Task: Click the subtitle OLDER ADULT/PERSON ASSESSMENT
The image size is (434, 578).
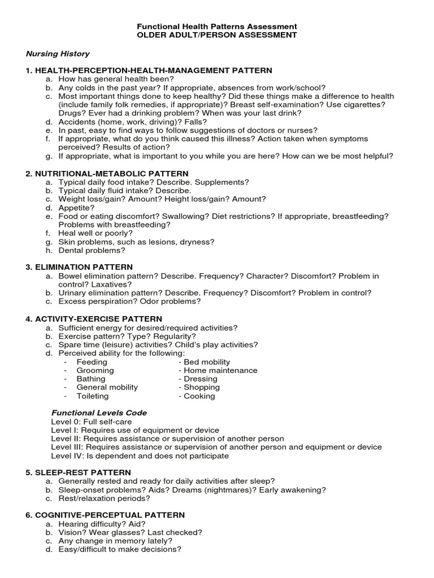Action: (x=218, y=35)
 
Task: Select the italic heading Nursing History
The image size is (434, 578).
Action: (x=58, y=54)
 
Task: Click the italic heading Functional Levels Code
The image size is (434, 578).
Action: (x=99, y=413)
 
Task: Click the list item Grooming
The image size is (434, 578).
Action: (x=95, y=370)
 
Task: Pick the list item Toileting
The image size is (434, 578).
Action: (x=93, y=396)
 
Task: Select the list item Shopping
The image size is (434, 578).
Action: (x=202, y=387)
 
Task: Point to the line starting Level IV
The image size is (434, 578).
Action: (x=140, y=456)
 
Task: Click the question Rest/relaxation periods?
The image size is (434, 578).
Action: (x=104, y=498)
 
